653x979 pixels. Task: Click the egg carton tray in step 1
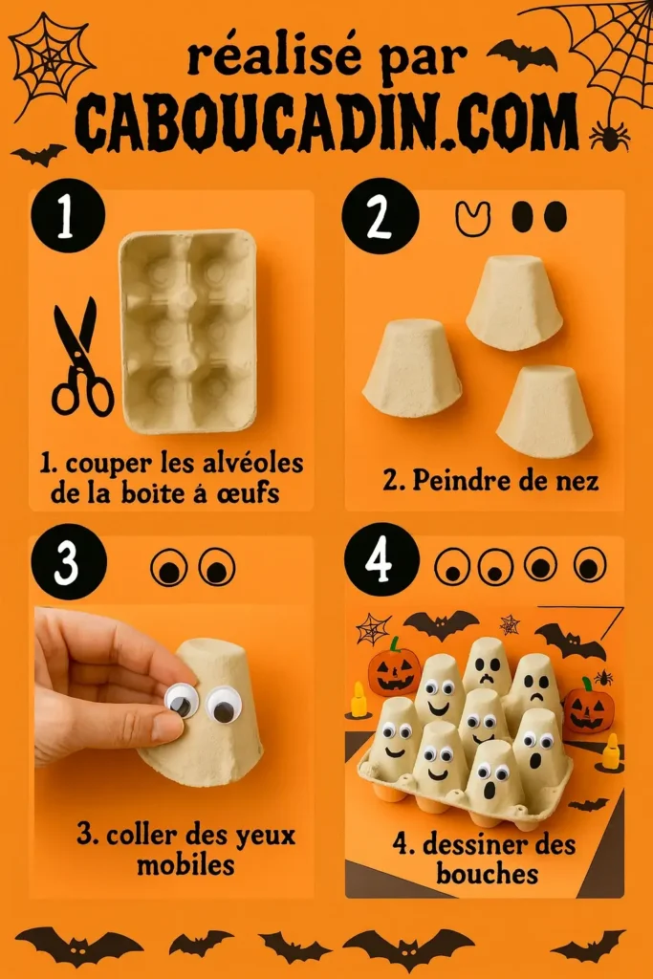tap(188, 330)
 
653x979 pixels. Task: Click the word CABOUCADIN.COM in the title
tap(326, 123)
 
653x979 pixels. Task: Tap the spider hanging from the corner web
tap(609, 136)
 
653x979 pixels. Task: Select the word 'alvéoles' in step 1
tap(251, 465)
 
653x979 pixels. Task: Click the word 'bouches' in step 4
tap(487, 872)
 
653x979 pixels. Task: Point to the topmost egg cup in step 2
tap(514, 301)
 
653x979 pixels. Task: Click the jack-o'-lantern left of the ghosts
tap(394, 668)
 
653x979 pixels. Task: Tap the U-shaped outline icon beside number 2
tap(471, 219)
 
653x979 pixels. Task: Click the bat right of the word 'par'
tap(521, 54)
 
